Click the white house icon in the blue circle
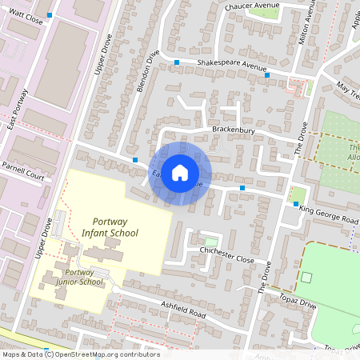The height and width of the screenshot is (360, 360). (180, 172)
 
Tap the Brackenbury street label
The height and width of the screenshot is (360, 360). (233, 128)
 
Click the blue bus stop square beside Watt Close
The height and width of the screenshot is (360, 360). (50, 15)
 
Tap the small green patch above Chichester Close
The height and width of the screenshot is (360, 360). (210, 241)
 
